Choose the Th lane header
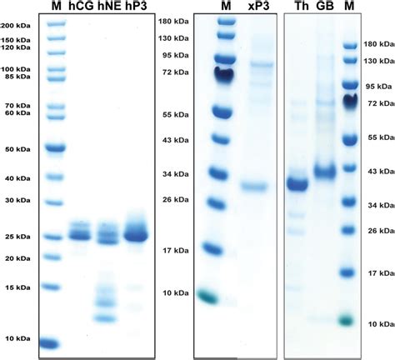click(x=299, y=7)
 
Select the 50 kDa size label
click(x=20, y=150)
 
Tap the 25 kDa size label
click(x=20, y=237)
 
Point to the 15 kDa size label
click(x=20, y=287)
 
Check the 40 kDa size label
click(x=20, y=178)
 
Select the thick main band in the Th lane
click(x=298, y=184)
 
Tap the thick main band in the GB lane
click(x=324, y=172)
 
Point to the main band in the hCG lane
click(x=80, y=235)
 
